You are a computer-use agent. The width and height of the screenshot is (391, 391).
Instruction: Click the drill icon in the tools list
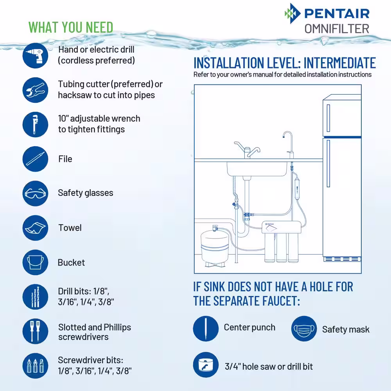(x=35, y=56)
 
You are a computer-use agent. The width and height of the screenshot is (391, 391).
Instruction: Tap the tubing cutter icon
(x=35, y=90)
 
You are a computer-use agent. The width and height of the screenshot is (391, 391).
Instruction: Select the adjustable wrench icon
(x=35, y=124)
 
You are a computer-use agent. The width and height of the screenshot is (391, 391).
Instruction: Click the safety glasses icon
(x=35, y=193)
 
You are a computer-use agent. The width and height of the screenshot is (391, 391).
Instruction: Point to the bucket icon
(x=35, y=262)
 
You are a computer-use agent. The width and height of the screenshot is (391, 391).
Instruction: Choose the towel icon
(x=35, y=228)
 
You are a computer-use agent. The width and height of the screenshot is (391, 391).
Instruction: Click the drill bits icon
(x=35, y=297)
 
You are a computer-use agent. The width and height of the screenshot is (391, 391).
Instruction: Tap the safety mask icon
(x=304, y=329)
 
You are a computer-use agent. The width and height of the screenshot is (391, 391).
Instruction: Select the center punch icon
(x=206, y=329)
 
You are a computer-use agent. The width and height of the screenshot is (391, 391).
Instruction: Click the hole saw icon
(x=206, y=365)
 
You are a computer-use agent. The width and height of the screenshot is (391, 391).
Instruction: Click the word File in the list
(x=65, y=159)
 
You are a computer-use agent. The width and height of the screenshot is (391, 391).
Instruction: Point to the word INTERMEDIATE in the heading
(x=340, y=63)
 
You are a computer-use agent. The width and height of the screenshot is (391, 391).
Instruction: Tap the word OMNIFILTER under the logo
(x=337, y=29)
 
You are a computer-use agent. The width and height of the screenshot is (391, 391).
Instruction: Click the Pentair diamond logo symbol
(x=292, y=13)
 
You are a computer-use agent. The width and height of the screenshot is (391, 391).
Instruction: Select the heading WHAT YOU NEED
(x=71, y=27)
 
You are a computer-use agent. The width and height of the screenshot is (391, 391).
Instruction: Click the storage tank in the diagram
(x=215, y=247)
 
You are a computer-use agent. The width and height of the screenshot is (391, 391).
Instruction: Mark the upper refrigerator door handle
(x=328, y=118)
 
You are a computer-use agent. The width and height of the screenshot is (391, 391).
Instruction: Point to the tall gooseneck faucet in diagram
(x=289, y=145)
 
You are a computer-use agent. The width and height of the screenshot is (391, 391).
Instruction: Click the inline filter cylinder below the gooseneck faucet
(x=297, y=188)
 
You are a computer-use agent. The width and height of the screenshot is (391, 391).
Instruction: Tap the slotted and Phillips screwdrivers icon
(x=35, y=331)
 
